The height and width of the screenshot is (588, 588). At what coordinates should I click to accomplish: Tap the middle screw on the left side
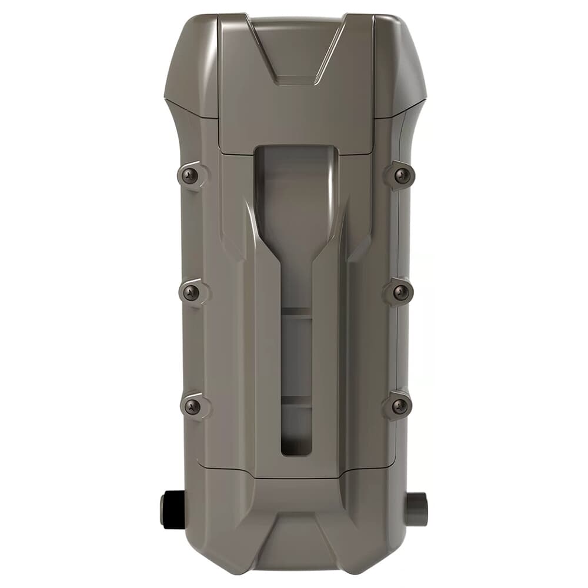click(x=191, y=292)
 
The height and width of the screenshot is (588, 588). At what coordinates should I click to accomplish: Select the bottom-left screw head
click(x=192, y=406)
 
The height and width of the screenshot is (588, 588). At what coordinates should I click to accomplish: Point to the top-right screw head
click(x=402, y=174)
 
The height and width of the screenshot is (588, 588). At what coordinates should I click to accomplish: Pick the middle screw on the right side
click(x=400, y=292)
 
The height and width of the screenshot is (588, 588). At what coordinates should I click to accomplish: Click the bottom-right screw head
click(x=399, y=406)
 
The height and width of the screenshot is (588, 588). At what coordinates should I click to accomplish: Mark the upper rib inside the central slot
click(x=296, y=313)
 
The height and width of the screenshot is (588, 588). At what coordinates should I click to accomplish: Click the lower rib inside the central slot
click(x=296, y=400)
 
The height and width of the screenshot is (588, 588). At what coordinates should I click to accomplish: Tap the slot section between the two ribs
click(x=296, y=356)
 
